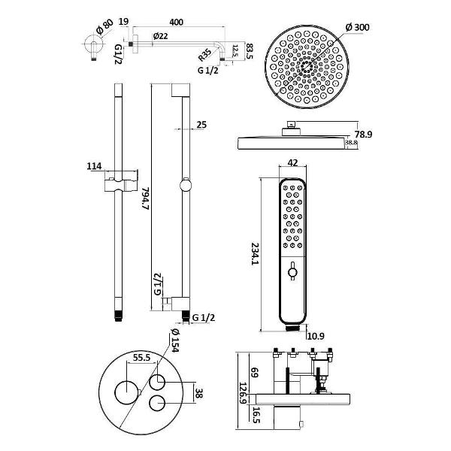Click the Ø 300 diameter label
[358, 27]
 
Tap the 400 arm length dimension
[176, 22]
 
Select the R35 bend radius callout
[204, 55]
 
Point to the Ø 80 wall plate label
[104, 27]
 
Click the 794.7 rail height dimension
[146, 198]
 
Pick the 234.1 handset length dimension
[255, 254]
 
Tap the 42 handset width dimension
[292, 163]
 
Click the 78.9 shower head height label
[363, 135]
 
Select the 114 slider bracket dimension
[95, 166]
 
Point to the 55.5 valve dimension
[142, 358]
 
